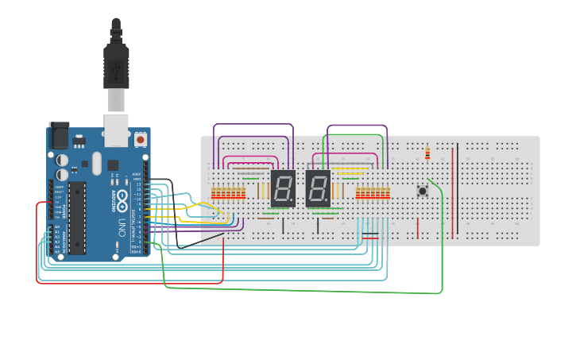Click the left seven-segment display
pos(283,188)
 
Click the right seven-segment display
pos(318,188)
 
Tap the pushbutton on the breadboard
pos(423,191)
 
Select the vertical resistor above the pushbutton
pos(427,153)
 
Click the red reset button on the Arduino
pos(141,139)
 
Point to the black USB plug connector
pos(116,68)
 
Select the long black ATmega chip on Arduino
pos(77,218)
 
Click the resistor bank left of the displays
pos(228,193)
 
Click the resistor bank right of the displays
pos(373,193)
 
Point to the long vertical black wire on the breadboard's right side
pos(457,188)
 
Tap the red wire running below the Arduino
pos(127,282)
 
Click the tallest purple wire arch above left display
pos(253,124)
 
